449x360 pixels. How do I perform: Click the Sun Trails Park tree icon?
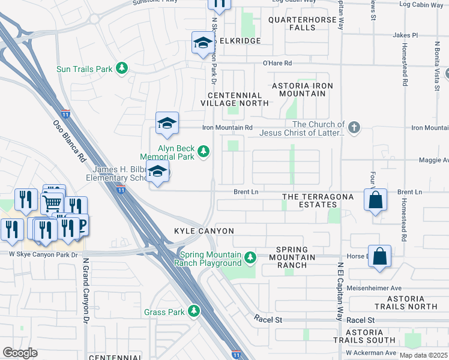(x=122, y=68)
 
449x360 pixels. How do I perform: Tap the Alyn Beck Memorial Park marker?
(x=203, y=150)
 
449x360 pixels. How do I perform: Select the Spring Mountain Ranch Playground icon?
(x=250, y=259)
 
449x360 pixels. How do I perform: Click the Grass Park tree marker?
(x=193, y=311)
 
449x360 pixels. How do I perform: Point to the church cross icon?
(x=354, y=127)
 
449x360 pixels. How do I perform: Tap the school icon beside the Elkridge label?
(x=203, y=43)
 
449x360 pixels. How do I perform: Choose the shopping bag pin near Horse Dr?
(x=379, y=256)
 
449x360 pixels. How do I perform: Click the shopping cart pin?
(x=52, y=204)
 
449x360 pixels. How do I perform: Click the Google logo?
(x=20, y=353)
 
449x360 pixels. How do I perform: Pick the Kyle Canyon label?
(x=203, y=231)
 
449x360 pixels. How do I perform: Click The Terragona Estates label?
(x=310, y=200)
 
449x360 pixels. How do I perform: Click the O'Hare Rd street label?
(x=277, y=63)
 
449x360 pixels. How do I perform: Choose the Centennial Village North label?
(x=235, y=99)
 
